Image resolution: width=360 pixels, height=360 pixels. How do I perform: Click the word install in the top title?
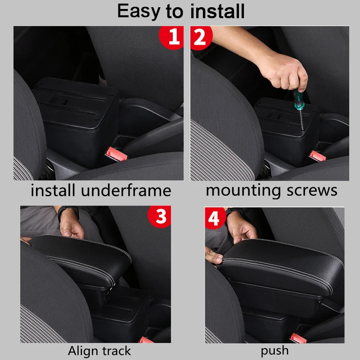(217, 11)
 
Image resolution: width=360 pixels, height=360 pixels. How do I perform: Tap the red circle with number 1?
(171, 37)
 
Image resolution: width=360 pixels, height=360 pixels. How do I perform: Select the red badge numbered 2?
(201, 37)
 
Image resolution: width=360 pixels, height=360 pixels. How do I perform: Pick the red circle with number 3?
(160, 216)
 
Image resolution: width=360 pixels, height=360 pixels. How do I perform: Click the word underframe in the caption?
(126, 190)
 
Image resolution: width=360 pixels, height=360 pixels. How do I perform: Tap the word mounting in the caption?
(243, 191)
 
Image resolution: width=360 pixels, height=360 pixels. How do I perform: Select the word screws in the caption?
(312, 190)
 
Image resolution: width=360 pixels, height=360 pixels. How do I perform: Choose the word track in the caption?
(117, 351)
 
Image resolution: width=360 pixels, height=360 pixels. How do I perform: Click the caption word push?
(274, 351)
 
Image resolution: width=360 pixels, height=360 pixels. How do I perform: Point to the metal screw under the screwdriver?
(301, 120)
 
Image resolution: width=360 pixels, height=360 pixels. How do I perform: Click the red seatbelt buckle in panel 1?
(116, 154)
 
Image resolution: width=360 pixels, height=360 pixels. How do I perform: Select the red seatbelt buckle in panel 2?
(318, 156)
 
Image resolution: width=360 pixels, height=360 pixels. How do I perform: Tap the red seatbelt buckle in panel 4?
(298, 338)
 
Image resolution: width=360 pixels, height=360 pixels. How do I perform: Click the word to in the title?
(175, 12)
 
